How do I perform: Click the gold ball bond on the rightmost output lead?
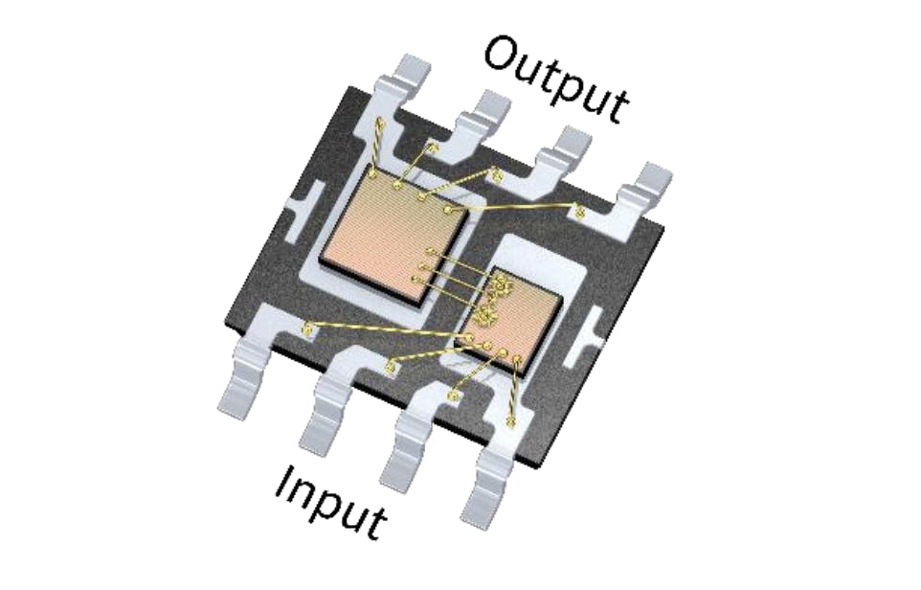click(580, 212)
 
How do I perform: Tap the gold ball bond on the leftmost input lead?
click(308, 330)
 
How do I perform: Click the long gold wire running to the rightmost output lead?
click(517, 206)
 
